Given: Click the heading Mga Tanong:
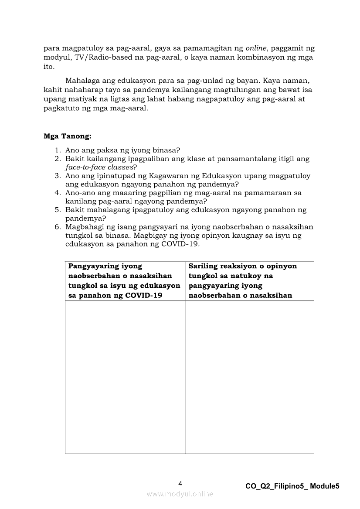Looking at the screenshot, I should tap(68, 136).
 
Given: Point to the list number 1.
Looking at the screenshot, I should tap(58, 151).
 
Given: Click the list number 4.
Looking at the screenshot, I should tap(58, 192).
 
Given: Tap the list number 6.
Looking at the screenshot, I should tap(58, 227).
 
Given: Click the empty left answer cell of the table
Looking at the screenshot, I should tap(125, 377).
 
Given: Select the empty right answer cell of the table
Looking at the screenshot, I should tap(249, 377).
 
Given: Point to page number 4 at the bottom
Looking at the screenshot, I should tap(180, 483).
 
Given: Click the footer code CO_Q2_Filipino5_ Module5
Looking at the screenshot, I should tap(292, 487).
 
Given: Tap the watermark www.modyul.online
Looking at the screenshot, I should tap(180, 494).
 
